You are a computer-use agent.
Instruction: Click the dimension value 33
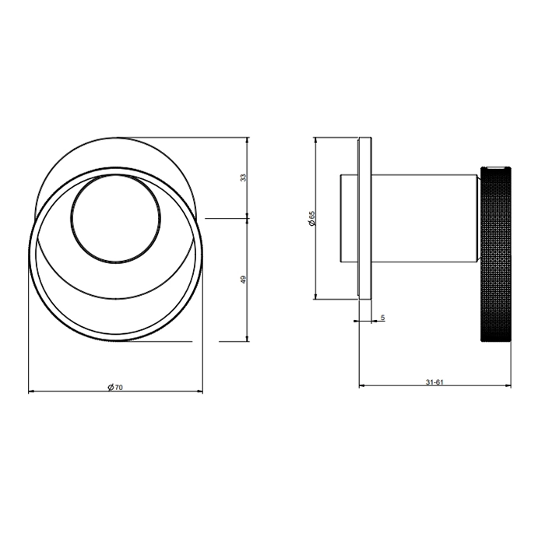pyautogui.click(x=244, y=178)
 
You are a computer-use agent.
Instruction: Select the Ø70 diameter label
pyautogui.click(x=115, y=387)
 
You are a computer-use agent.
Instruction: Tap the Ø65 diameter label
pyautogui.click(x=311, y=218)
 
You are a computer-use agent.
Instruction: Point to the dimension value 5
pyautogui.click(x=383, y=318)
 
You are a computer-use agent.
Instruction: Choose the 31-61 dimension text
pyautogui.click(x=434, y=382)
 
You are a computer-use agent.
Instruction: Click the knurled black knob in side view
pyautogui.click(x=496, y=254)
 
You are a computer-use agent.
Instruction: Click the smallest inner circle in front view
pyautogui.click(x=116, y=218)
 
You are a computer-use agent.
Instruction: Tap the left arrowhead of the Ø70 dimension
pyautogui.click(x=30, y=392)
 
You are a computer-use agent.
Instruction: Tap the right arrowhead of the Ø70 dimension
pyautogui.click(x=200, y=392)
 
